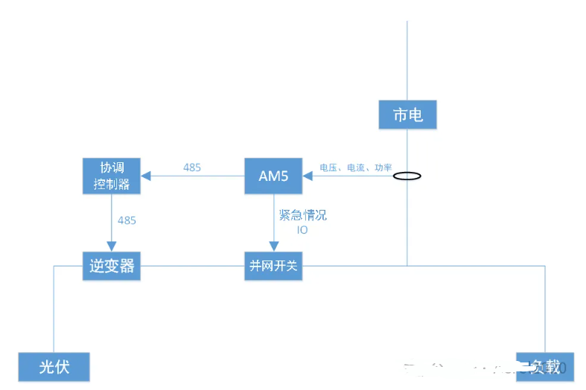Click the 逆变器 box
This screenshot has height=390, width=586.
(x=112, y=266)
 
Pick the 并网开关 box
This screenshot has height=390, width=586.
(x=273, y=266)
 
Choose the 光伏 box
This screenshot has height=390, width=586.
(x=54, y=367)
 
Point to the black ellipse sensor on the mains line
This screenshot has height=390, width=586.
(x=407, y=176)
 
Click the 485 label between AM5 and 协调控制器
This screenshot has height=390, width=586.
(x=192, y=167)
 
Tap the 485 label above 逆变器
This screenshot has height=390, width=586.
(x=127, y=220)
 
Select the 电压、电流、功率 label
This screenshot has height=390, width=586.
(x=356, y=168)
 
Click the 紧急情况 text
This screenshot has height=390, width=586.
(x=302, y=216)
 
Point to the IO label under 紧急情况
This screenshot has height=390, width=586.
(x=302, y=230)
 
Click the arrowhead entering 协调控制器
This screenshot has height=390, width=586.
(x=147, y=176)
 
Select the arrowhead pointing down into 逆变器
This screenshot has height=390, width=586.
(x=112, y=246)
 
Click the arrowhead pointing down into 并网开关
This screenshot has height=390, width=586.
(x=273, y=246)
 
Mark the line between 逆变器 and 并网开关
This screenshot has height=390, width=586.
(x=193, y=266)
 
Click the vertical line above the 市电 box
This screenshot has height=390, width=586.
(x=407, y=60)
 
